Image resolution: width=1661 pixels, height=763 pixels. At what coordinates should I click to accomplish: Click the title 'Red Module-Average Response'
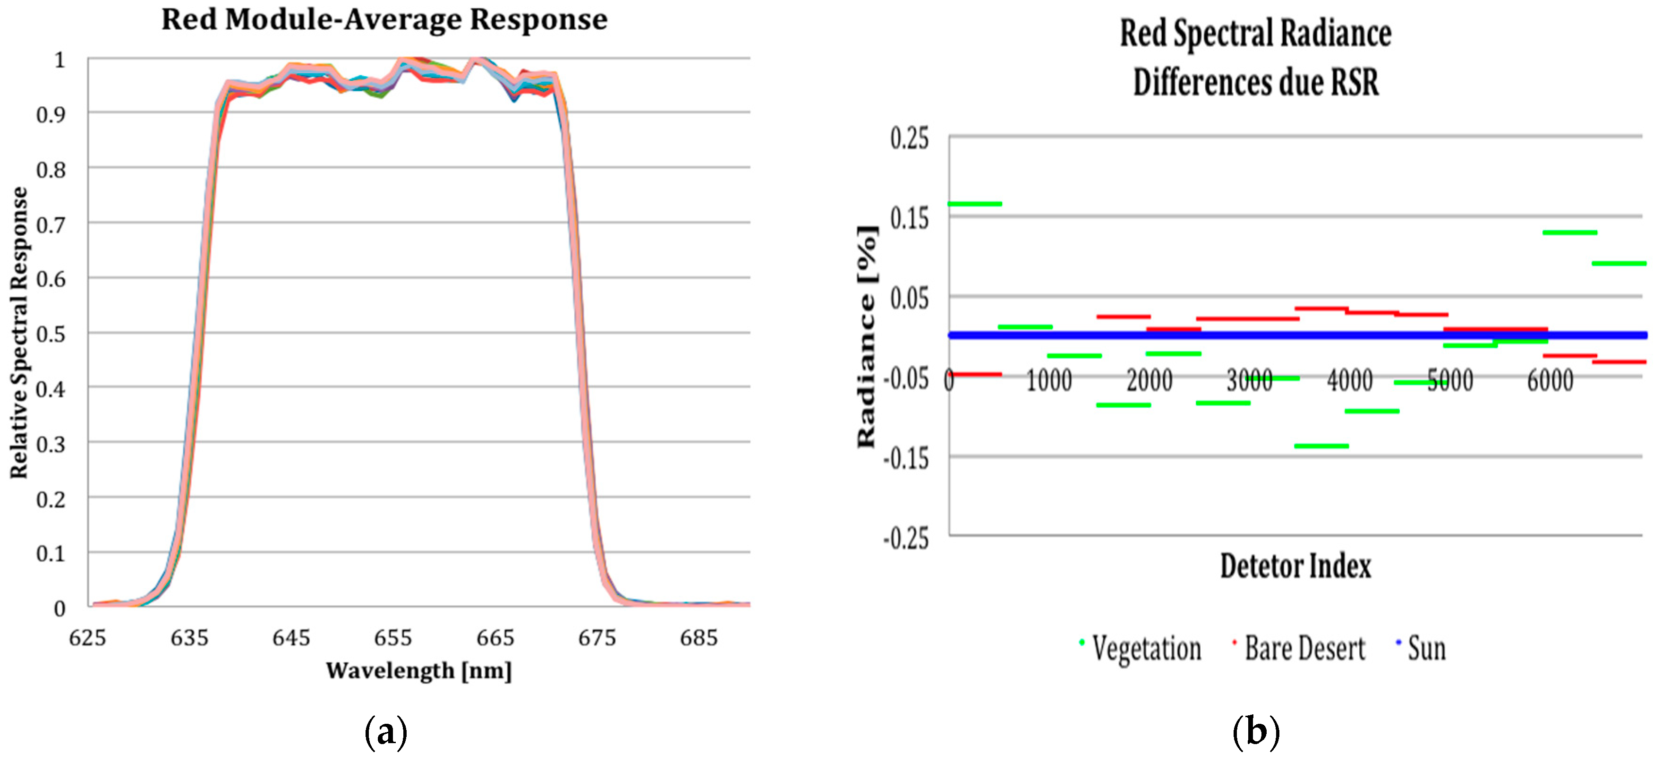(384, 19)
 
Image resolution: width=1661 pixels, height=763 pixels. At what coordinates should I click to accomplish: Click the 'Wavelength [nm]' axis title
(419, 671)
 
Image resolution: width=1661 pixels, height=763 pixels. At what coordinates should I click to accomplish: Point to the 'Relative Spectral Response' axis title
(19, 332)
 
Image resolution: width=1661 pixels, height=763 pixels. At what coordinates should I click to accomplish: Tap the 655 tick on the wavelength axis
(392, 638)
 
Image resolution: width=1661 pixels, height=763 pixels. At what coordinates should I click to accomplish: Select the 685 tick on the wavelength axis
(698, 638)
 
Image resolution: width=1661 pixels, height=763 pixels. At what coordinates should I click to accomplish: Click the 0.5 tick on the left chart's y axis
(51, 334)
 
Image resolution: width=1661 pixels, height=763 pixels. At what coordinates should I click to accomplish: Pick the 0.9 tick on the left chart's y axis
(51, 115)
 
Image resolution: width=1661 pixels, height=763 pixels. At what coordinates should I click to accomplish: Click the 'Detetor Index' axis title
(1295, 566)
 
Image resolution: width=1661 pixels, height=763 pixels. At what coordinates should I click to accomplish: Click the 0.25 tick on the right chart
(909, 138)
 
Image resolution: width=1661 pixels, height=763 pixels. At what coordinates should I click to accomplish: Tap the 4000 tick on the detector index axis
(1350, 380)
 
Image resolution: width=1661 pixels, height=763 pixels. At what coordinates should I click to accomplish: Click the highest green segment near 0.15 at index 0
(974, 204)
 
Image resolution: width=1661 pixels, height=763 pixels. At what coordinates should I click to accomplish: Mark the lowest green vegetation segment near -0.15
(1321, 446)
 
